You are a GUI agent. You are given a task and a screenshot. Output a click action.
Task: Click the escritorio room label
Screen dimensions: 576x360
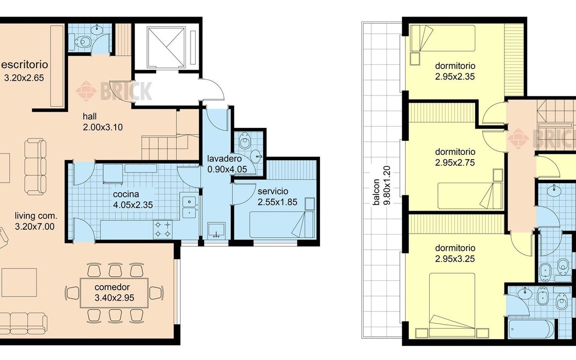(25, 64)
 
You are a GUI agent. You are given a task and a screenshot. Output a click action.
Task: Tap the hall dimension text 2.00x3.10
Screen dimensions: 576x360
(103, 127)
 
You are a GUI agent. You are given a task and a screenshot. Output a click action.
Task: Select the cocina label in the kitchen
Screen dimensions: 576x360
(126, 194)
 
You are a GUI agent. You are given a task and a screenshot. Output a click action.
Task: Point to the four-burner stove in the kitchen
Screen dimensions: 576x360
(163, 229)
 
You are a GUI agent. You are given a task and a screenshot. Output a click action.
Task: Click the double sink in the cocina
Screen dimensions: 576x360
(189, 207)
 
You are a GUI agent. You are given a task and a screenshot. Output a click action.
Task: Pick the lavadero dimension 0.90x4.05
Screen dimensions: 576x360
(227, 169)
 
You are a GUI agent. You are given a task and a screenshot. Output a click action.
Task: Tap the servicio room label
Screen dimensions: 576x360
(273, 191)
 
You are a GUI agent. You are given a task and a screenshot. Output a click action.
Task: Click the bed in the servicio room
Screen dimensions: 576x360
(282, 225)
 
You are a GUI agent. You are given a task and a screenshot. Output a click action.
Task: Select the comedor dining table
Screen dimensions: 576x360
(114, 292)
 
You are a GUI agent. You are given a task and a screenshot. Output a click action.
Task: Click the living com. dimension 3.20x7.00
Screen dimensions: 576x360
(35, 226)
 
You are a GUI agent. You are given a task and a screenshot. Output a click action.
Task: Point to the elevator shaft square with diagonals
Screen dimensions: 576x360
(166, 48)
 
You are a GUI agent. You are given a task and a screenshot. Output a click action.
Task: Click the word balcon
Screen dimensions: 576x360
(376, 192)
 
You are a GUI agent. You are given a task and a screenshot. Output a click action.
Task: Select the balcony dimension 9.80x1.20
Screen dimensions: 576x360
(387, 185)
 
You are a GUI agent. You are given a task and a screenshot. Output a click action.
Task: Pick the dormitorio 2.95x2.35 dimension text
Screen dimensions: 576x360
(455, 76)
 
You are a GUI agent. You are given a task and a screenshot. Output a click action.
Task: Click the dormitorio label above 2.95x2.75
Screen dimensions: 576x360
(455, 152)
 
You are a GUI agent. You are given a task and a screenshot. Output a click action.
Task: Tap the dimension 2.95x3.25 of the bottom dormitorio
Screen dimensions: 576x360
(455, 259)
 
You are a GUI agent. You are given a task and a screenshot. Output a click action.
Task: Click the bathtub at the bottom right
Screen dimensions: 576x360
(531, 329)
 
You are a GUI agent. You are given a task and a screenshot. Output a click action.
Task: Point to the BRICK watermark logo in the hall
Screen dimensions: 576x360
(114, 91)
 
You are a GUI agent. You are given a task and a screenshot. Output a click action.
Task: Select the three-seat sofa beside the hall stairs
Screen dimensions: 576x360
(35, 166)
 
